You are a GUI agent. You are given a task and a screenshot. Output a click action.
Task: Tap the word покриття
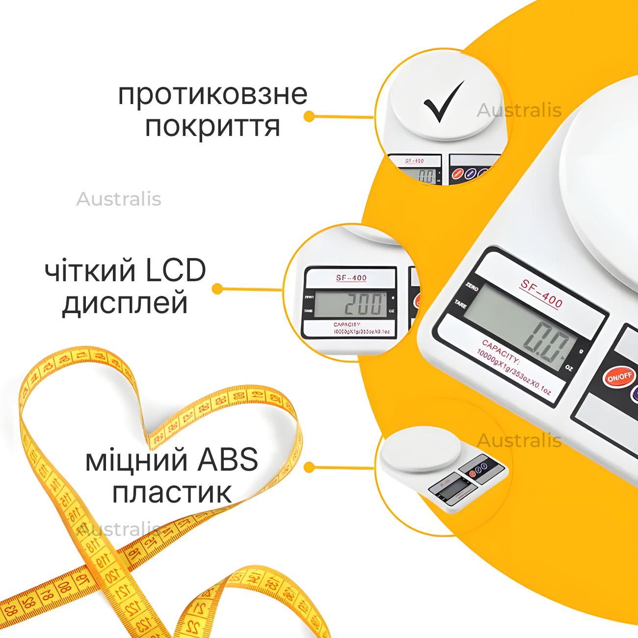[x=213, y=127]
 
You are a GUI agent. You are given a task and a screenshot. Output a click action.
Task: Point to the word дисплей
[x=125, y=304]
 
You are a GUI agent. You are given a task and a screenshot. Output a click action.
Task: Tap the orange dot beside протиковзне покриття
[x=309, y=116]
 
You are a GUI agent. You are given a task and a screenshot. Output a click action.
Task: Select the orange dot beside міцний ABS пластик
[x=309, y=467]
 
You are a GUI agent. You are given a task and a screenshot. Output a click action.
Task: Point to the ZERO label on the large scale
[x=472, y=286]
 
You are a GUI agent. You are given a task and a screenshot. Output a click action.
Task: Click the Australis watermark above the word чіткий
[x=119, y=199]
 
